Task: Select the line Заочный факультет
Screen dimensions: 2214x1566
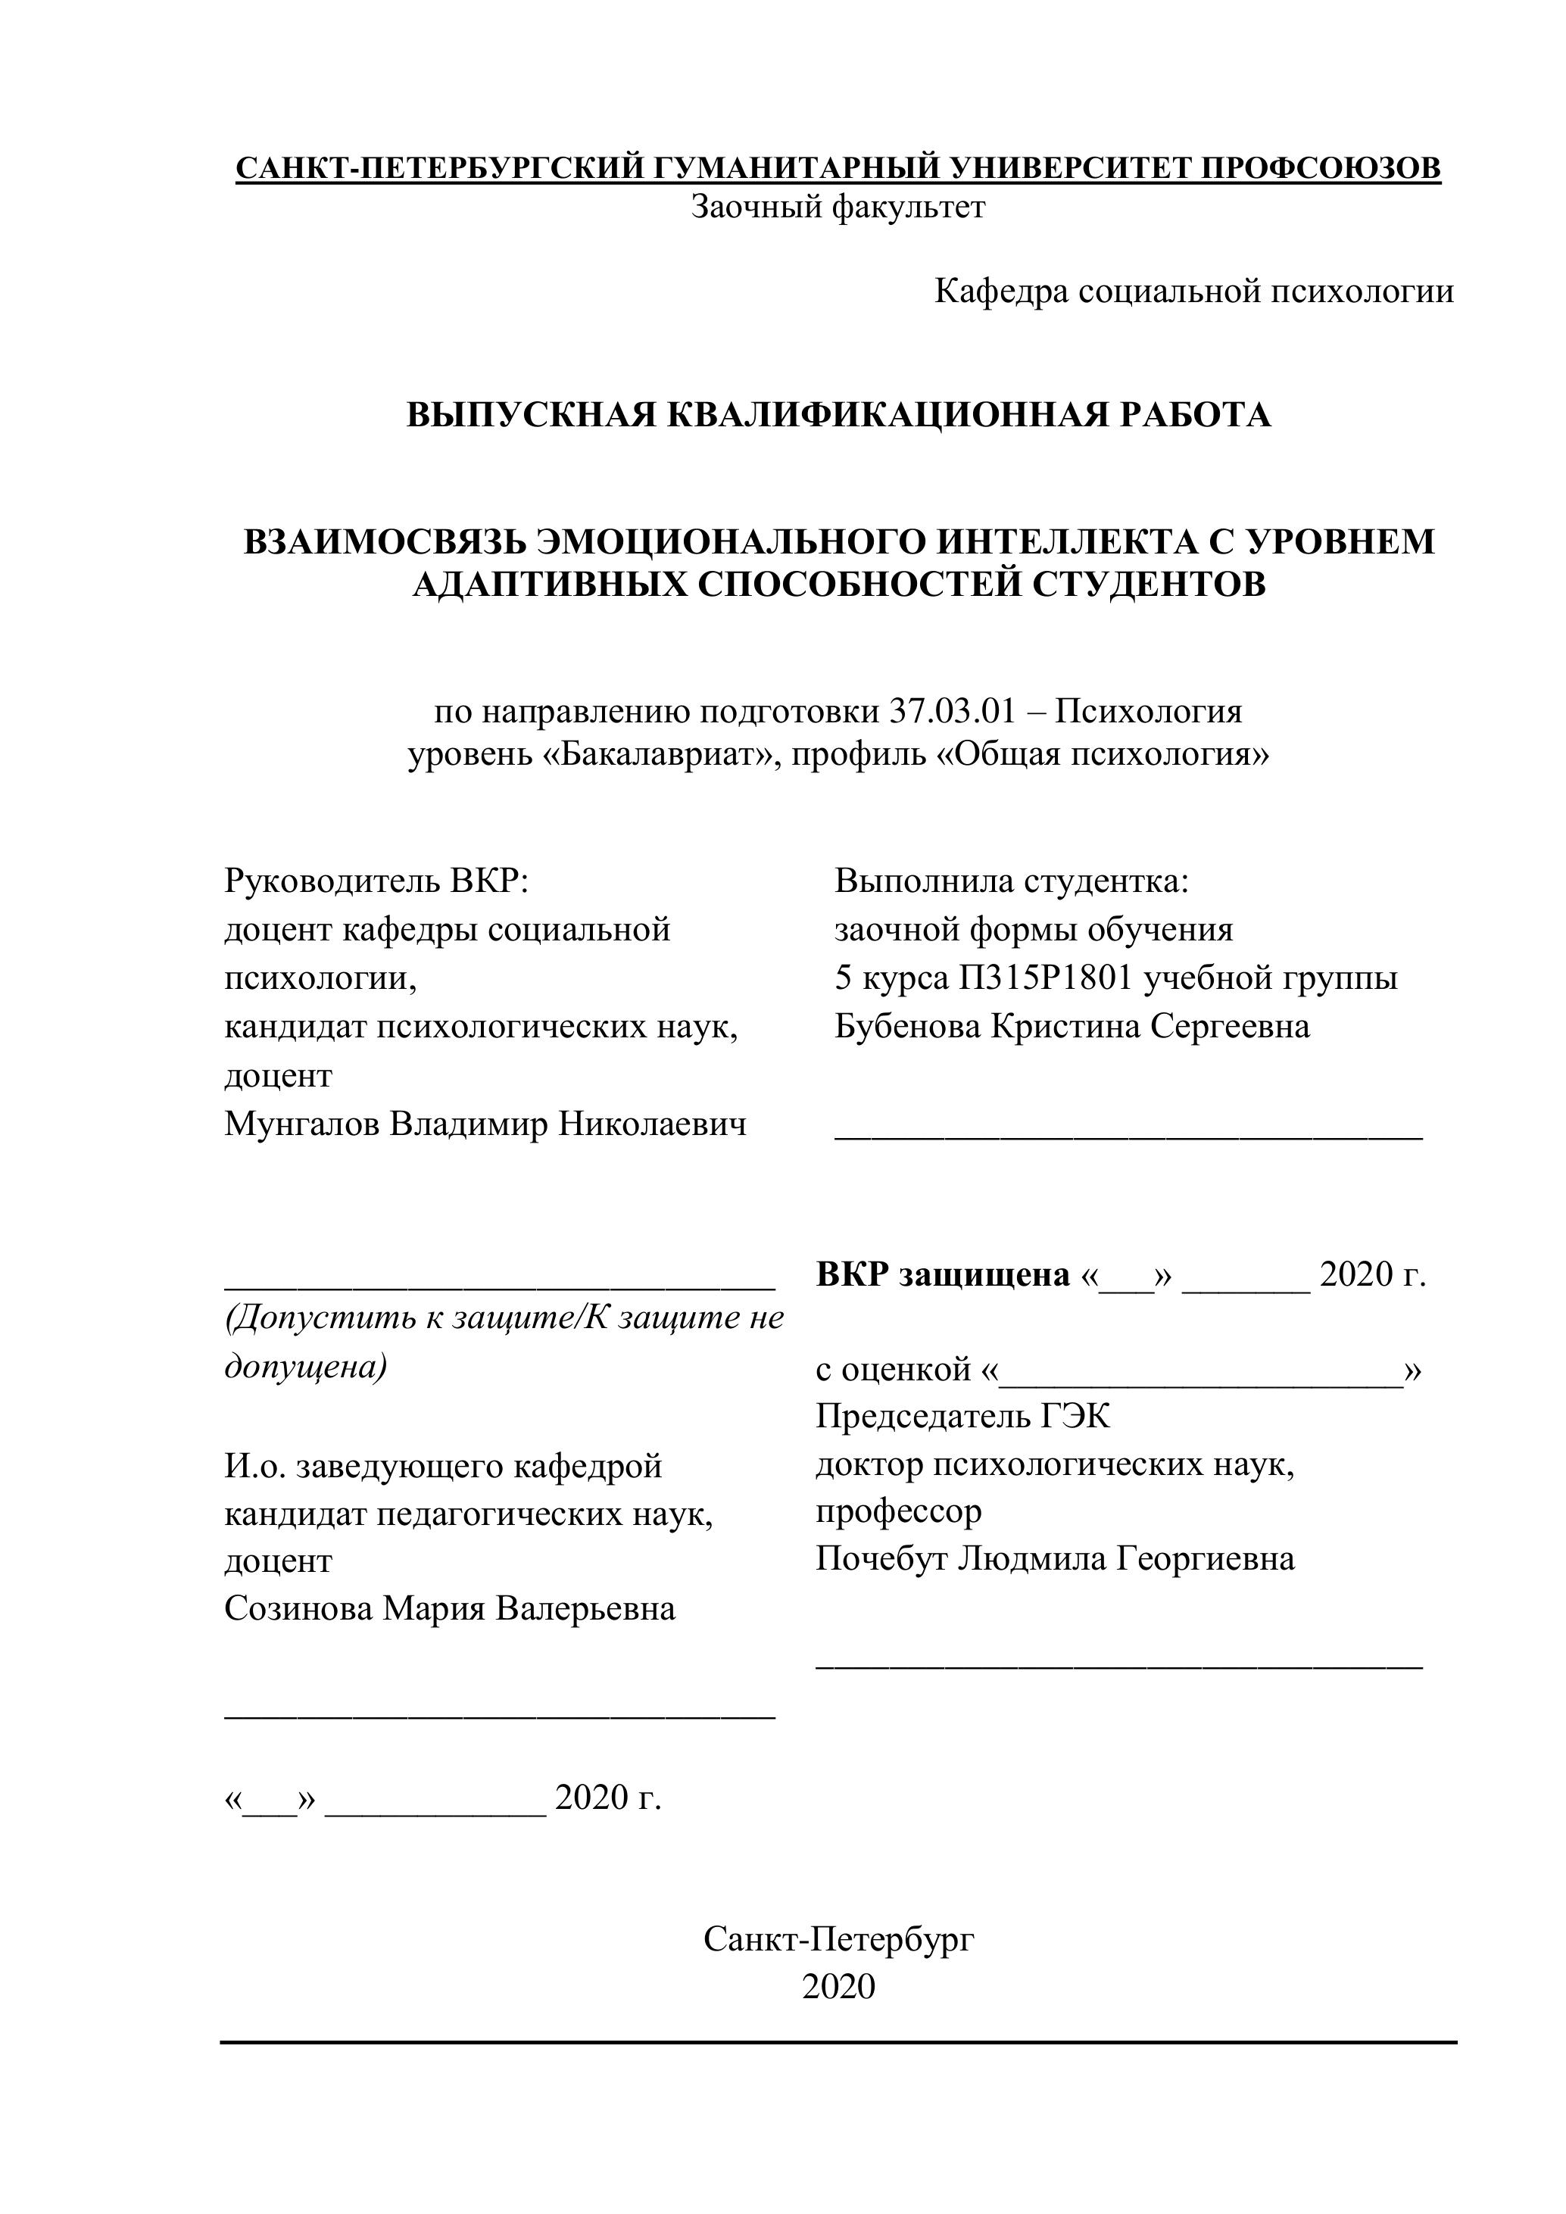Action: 838,207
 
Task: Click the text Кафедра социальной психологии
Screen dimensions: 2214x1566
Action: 1193,292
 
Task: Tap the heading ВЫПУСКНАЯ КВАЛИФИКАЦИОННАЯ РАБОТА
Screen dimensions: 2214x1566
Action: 838,415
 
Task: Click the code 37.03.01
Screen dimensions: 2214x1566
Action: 950,712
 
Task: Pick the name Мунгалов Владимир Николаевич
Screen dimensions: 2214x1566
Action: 485,1124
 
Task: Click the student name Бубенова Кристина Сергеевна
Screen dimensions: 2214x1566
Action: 1072,1026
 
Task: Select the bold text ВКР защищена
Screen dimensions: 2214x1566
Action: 942,1275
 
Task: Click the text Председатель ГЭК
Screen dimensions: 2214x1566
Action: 962,1416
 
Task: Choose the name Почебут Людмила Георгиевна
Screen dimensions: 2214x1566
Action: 1055,1558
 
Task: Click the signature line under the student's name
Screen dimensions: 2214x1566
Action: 1128,1138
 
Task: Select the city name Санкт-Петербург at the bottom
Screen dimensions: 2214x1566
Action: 838,1939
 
